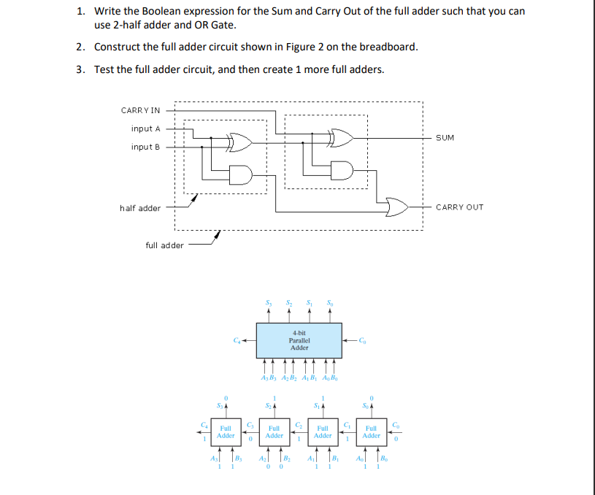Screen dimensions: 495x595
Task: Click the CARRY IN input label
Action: [x=140, y=110]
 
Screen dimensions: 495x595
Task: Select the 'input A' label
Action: [x=146, y=128]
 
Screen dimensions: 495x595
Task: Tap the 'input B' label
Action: [x=146, y=147]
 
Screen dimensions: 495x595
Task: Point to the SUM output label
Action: [x=445, y=137]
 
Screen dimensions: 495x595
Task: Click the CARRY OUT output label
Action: [x=459, y=207]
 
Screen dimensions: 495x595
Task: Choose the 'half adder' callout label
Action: [x=140, y=208]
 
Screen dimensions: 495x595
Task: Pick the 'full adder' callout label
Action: [x=164, y=245]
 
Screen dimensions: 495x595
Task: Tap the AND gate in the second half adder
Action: [x=342, y=170]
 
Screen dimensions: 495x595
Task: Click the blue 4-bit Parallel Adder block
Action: [x=299, y=340]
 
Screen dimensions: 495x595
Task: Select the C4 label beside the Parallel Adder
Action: [x=236, y=339]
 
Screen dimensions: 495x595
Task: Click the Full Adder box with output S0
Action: [x=372, y=431]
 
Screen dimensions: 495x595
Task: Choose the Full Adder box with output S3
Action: [x=226, y=431]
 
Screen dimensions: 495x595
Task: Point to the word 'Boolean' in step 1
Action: [x=149, y=12]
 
